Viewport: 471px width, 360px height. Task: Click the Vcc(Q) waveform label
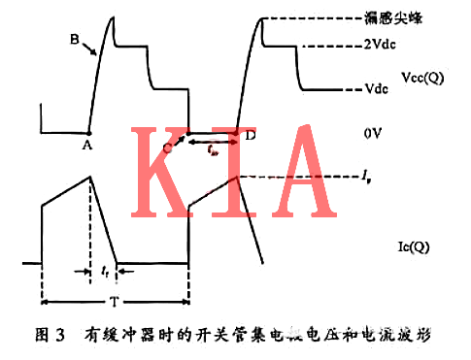423,75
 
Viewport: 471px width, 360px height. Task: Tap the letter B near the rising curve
74,40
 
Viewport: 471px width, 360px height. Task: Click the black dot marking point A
88,133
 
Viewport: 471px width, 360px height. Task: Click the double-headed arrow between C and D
208,143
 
